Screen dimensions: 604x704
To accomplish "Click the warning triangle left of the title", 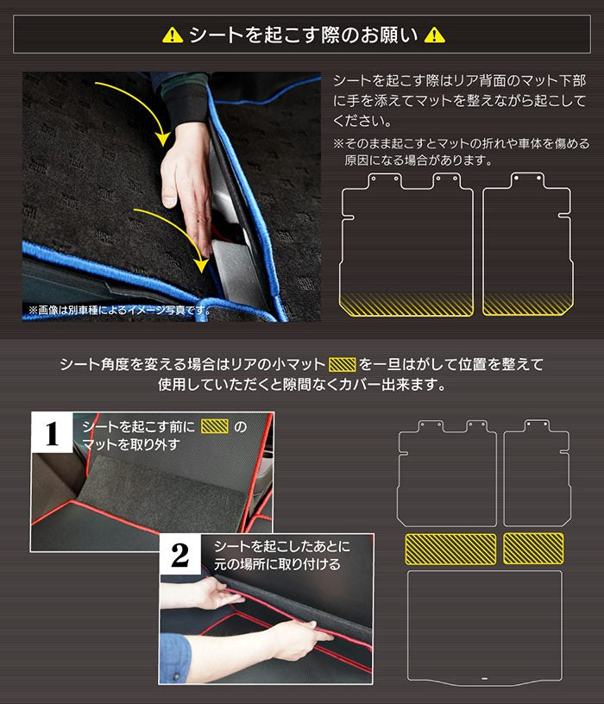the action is [x=173, y=35].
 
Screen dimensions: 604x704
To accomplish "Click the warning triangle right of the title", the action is [x=435, y=35].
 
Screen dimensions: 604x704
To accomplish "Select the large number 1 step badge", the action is [x=52, y=434].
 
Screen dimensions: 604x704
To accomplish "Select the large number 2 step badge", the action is [x=180, y=555].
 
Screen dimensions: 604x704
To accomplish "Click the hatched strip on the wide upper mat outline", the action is [x=406, y=304].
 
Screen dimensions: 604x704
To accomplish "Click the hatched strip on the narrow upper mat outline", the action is [x=528, y=304].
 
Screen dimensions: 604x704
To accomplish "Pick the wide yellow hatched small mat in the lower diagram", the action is [x=450, y=549].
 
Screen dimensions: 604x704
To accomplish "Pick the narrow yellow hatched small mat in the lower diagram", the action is [x=533, y=548].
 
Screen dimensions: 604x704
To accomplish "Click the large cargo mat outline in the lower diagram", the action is [x=485, y=572].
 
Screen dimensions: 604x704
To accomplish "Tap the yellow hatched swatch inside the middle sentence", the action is [x=343, y=365].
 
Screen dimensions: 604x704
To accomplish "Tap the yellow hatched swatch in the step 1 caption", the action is [x=215, y=426].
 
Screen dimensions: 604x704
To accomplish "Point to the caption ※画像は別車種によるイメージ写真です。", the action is [x=119, y=310].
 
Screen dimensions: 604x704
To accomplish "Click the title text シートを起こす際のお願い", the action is [x=304, y=35].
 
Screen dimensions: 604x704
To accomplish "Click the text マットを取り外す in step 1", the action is [x=131, y=444].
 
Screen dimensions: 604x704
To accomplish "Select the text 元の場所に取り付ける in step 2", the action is [x=277, y=564].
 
